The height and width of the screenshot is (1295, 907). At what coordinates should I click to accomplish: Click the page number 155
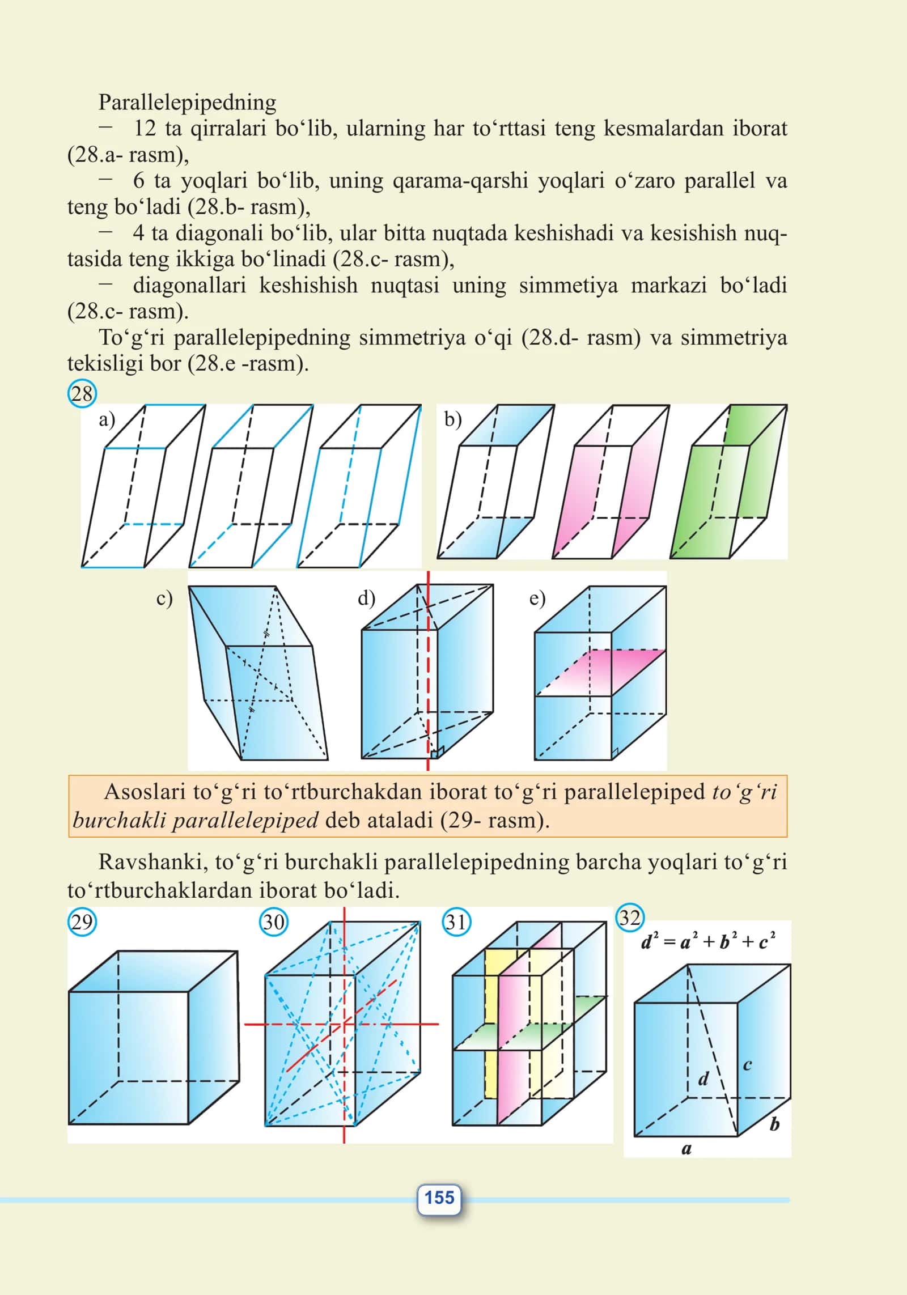[x=439, y=1198]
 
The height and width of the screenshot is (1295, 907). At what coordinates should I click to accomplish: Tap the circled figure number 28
[x=82, y=393]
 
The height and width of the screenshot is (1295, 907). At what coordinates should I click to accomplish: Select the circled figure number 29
[x=82, y=922]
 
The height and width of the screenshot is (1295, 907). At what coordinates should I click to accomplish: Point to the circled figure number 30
[x=274, y=922]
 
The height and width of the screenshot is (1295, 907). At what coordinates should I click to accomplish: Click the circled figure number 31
[x=456, y=922]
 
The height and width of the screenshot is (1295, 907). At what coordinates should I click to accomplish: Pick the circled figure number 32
[x=630, y=917]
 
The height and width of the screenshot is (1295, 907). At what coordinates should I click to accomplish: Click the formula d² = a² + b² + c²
[x=708, y=942]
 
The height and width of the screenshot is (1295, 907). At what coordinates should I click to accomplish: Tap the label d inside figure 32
[x=703, y=1079]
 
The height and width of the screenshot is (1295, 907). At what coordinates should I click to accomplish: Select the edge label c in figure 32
[x=748, y=1065]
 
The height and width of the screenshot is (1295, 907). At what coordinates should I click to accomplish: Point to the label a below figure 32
[x=686, y=1149]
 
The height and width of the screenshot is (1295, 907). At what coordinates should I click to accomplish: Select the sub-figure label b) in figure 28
[x=453, y=419]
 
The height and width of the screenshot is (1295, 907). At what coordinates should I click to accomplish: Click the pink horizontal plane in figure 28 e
[x=601, y=672]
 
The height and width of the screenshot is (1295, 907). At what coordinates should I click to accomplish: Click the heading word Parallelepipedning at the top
[x=188, y=102]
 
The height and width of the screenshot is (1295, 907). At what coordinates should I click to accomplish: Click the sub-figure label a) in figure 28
[x=107, y=419]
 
